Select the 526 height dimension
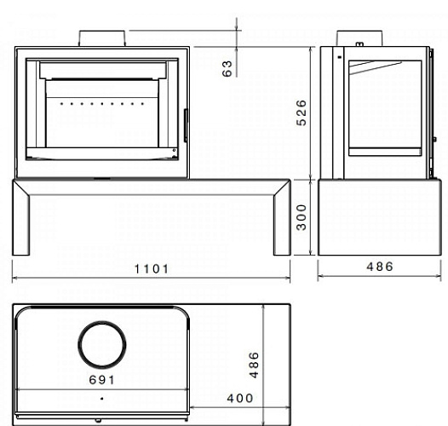click(302, 111)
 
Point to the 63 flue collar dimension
click(227, 68)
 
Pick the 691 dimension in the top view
click(101, 379)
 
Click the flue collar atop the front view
click(103, 38)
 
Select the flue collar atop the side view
click(357, 38)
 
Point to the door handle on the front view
click(184, 124)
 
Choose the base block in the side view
click(372, 217)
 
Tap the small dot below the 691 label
click(101, 398)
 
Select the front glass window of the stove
click(101, 111)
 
